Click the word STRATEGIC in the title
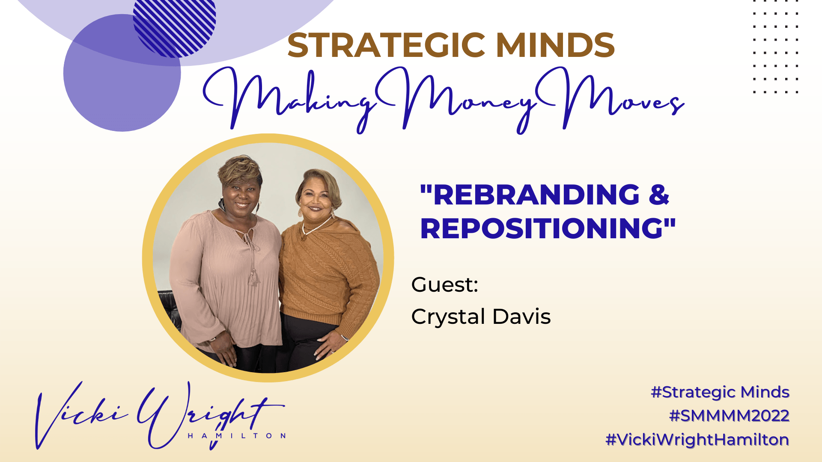[386, 45]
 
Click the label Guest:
[444, 284]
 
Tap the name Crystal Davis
[481, 317]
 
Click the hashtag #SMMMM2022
[729, 416]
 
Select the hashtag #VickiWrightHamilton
[697, 440]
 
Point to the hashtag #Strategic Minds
[720, 392]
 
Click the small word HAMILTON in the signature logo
[237, 435]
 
